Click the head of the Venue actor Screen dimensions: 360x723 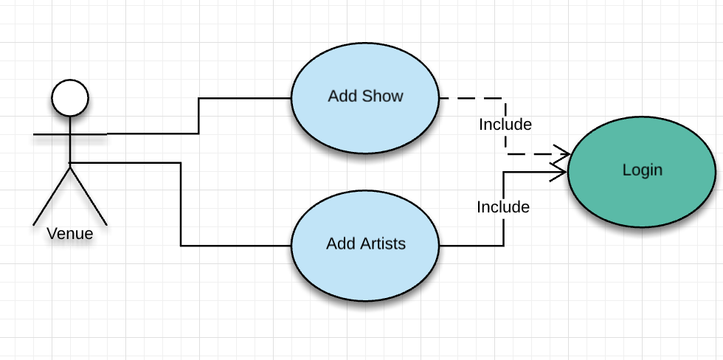click(x=70, y=97)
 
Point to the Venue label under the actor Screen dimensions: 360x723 click(x=70, y=234)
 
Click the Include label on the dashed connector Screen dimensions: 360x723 click(x=505, y=124)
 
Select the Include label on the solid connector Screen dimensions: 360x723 click(x=503, y=207)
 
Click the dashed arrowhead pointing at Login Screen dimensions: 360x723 click(x=562, y=154)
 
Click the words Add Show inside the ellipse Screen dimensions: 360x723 click(x=365, y=97)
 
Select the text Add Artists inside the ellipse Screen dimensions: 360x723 click(x=366, y=243)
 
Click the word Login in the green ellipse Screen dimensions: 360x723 click(x=643, y=170)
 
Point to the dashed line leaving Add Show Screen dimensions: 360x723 click(x=472, y=97)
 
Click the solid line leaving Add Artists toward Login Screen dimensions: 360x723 click(x=472, y=245)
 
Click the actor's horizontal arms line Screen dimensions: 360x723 click(x=52, y=135)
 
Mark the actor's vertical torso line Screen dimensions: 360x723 click(x=70, y=148)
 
